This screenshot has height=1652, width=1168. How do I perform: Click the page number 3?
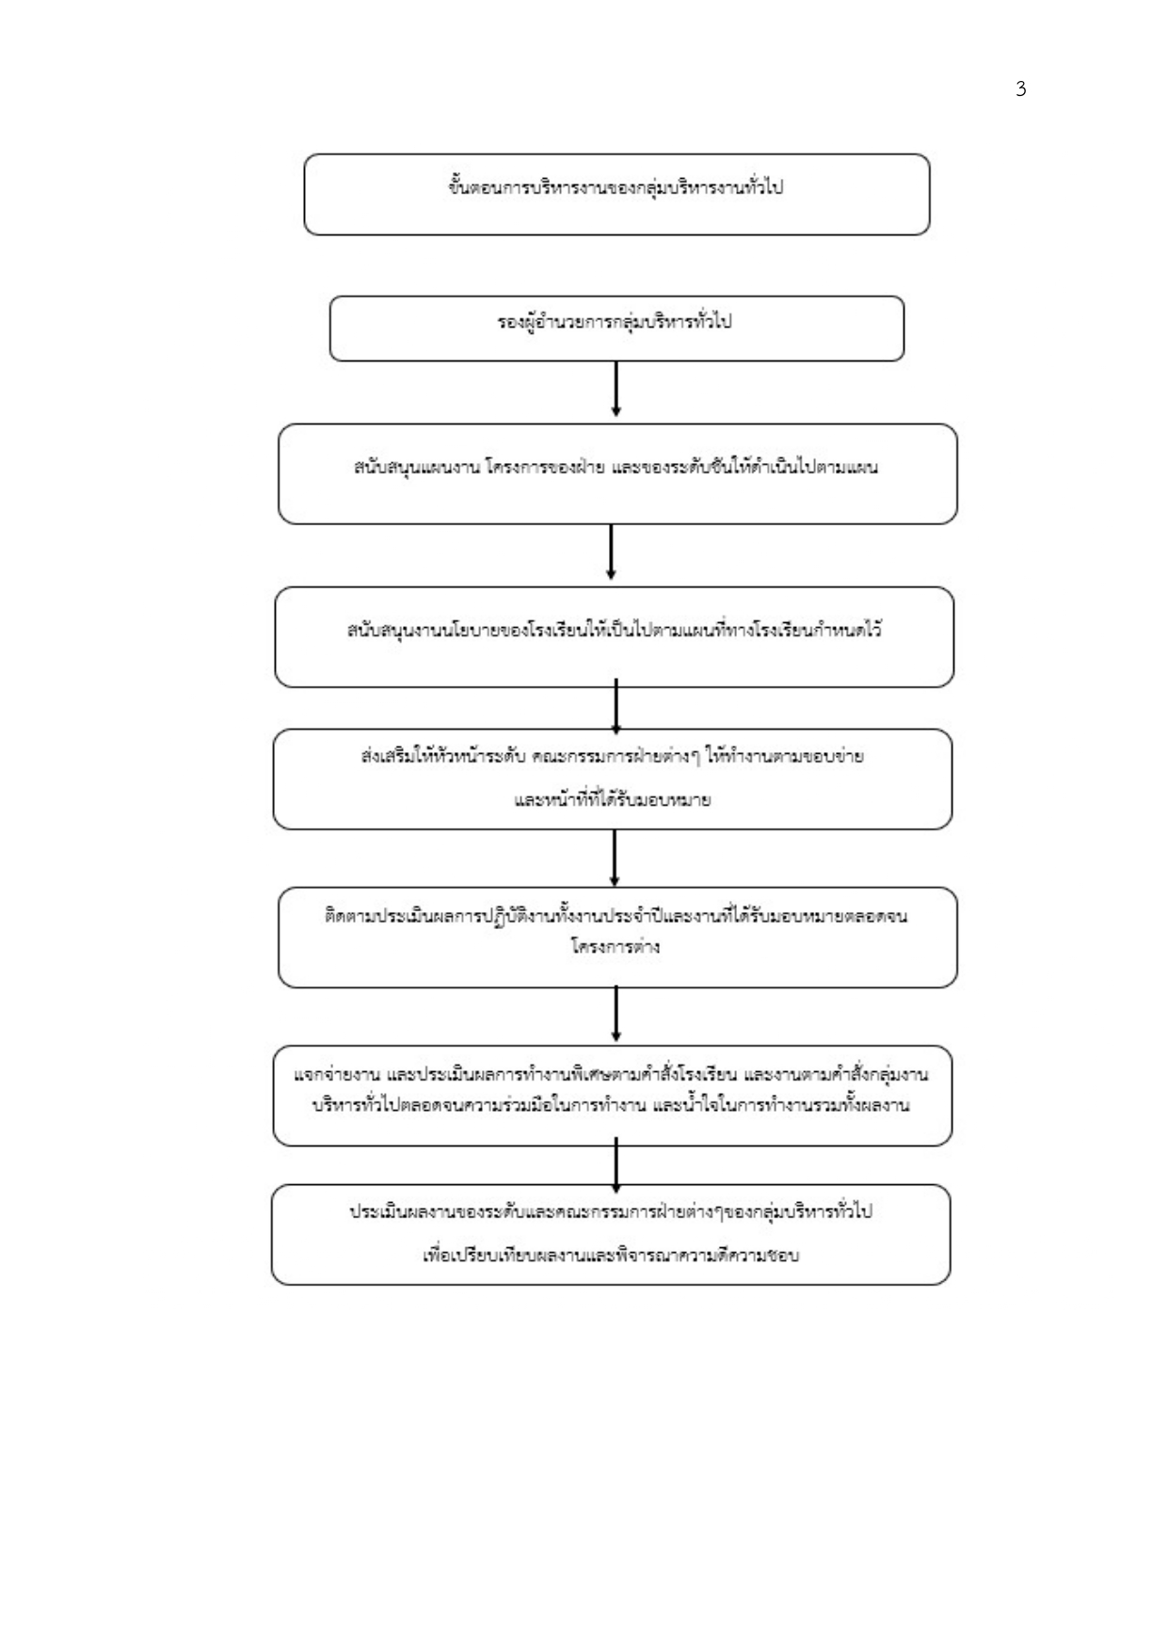pos(1021,89)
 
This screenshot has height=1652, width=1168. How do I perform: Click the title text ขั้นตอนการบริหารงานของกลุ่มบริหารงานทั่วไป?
pos(616,186)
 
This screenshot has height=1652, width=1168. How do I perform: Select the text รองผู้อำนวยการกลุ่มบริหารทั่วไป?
pos(615,322)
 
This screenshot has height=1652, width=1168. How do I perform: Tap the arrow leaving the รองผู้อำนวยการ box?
pos(616,389)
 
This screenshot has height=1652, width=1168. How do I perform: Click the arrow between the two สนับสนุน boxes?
pos(612,553)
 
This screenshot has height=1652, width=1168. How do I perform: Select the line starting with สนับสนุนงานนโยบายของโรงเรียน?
pos(614,630)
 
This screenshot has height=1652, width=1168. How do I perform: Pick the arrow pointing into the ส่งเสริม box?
pos(616,707)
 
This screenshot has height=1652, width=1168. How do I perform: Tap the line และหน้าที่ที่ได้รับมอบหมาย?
pos(613,801)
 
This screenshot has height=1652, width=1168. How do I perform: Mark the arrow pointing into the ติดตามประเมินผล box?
pos(615,858)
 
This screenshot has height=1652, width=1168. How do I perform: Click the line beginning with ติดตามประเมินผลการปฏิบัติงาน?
pos(616,916)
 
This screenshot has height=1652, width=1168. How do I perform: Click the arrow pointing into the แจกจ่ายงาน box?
pos(616,1016)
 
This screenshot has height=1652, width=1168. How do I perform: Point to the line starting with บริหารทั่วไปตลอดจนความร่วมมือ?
pos(611,1105)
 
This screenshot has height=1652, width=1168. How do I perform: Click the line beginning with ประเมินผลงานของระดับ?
pos(611,1211)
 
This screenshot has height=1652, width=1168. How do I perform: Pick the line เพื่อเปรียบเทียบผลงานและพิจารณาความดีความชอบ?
pos(611,1255)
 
